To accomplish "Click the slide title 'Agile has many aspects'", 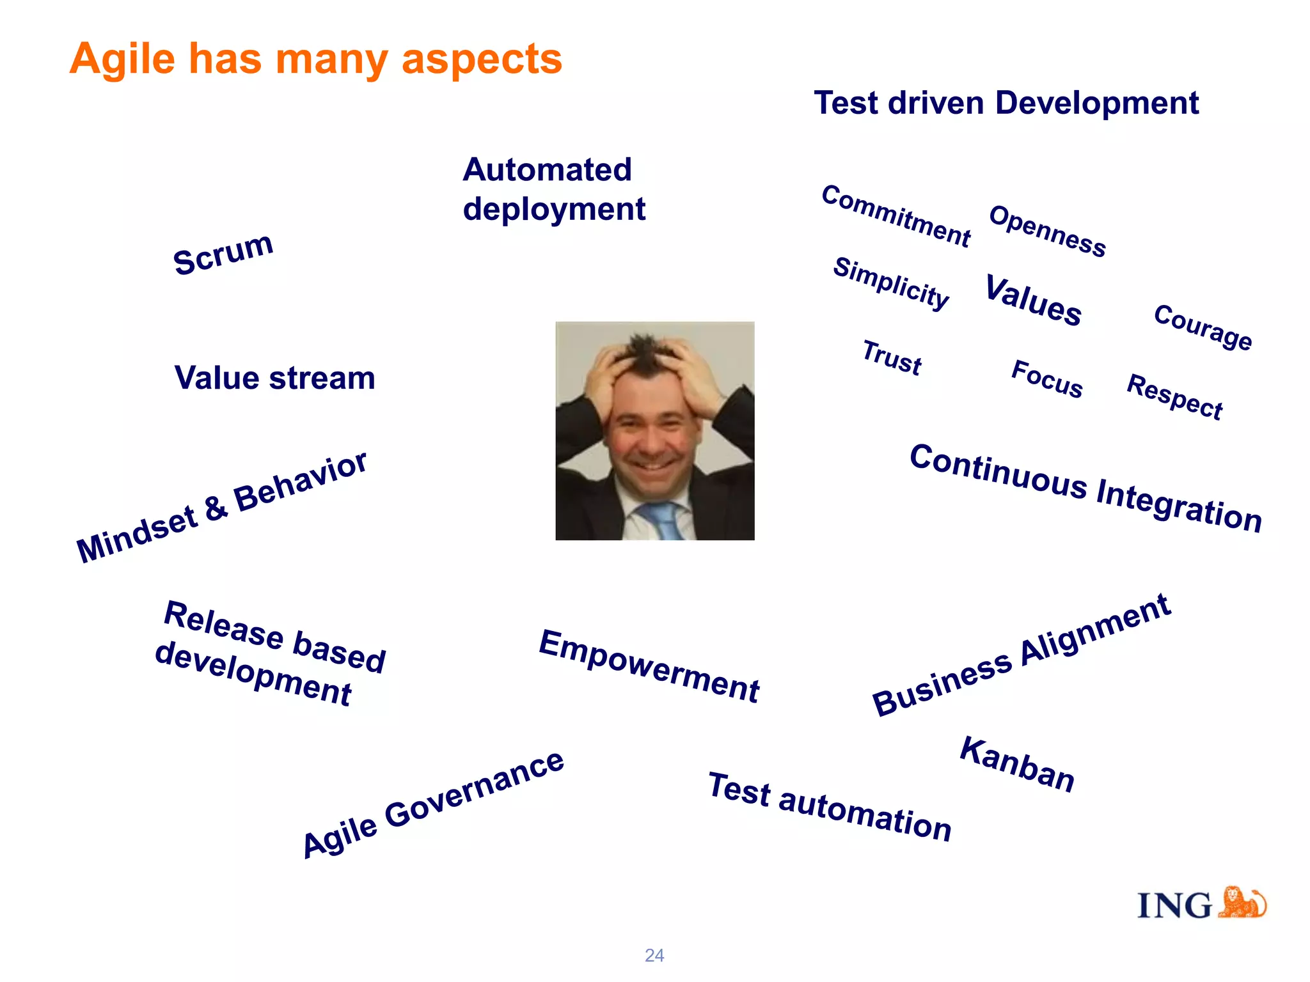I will tap(315, 59).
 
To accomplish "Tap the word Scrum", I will tap(223, 254).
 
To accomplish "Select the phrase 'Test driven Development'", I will tap(1006, 103).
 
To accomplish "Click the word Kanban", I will tap(1017, 765).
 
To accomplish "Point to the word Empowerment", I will tap(649, 666).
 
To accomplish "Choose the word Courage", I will tap(1203, 327).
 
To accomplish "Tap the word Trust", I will tap(892, 358).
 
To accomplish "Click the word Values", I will tap(1033, 300).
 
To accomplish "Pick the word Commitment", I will tap(896, 216).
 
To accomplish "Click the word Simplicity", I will tap(891, 284).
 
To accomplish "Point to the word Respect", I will tap(1174, 397).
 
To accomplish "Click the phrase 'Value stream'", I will tap(274, 378).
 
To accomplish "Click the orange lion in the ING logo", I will tap(1242, 903).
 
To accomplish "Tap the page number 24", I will tap(654, 955).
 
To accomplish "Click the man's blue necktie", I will tap(661, 519).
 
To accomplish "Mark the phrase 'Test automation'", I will tap(830, 807).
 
